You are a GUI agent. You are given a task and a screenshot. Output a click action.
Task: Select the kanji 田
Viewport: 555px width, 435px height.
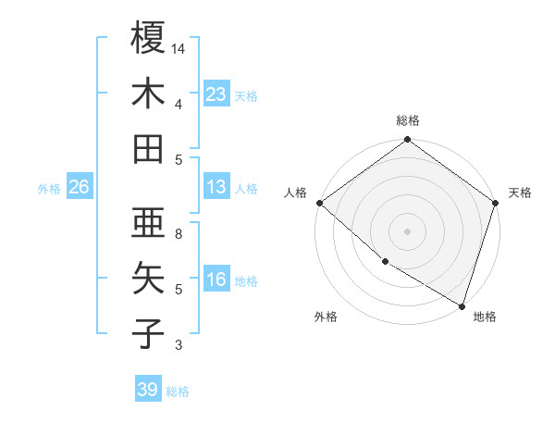[x=149, y=148]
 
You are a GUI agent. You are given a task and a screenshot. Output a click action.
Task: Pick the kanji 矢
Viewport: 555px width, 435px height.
[x=149, y=278]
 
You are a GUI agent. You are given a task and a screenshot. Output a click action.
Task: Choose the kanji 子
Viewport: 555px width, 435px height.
[x=149, y=333]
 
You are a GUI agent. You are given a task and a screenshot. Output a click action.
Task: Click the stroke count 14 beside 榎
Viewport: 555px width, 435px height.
[x=179, y=47]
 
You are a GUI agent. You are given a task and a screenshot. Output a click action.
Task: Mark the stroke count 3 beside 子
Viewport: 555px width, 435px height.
[x=178, y=345]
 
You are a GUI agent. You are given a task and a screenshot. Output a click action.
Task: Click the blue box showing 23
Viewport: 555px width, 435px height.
[x=216, y=93]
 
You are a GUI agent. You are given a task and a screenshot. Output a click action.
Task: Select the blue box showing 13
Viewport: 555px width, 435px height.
[x=216, y=187]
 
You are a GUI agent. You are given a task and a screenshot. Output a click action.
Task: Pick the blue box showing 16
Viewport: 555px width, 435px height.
[x=216, y=280]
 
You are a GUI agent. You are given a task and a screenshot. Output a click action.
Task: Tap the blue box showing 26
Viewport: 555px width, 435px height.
[x=79, y=187]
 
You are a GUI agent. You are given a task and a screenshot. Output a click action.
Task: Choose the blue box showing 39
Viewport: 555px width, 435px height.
[x=148, y=390]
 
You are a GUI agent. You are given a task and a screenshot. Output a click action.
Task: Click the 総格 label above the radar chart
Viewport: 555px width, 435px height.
[x=408, y=120]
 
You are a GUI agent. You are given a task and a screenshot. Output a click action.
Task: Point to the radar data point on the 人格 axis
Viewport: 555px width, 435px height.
[x=319, y=203]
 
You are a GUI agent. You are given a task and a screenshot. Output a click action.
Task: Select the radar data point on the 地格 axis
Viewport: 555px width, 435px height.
[x=462, y=305]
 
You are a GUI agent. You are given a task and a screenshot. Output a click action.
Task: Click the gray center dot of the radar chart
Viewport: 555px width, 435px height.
[x=408, y=231]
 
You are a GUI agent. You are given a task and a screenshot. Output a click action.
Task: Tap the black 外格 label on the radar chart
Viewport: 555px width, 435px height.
[x=326, y=317]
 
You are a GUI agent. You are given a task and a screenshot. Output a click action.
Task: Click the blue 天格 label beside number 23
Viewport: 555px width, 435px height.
[x=246, y=95]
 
